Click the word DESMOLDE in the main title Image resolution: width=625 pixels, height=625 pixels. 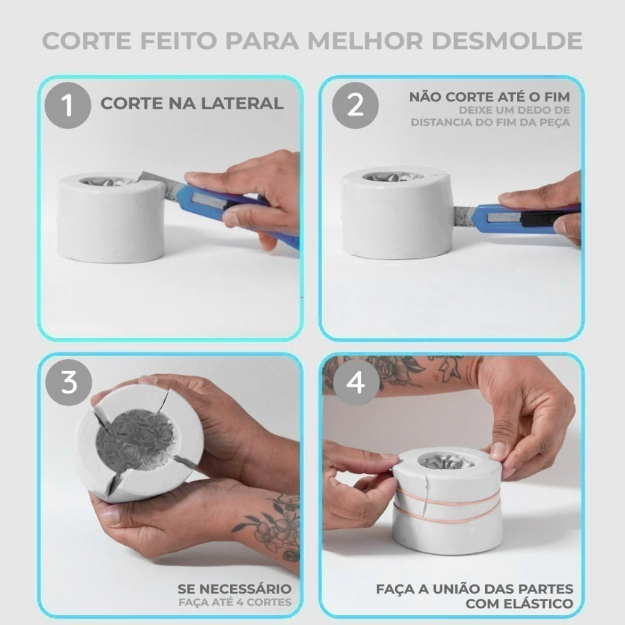[507, 41]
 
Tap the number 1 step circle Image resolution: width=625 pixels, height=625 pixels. [68, 105]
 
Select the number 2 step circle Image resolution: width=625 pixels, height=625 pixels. [355, 105]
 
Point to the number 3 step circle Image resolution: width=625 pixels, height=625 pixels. [68, 382]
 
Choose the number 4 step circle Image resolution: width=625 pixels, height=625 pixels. [356, 382]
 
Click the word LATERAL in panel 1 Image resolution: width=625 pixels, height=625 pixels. [242, 104]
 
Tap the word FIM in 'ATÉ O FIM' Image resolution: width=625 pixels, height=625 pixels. [556, 97]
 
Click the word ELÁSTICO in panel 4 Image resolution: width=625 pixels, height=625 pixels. [538, 604]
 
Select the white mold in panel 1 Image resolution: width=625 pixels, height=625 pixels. [111, 217]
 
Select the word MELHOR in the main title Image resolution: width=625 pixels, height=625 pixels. [365, 41]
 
